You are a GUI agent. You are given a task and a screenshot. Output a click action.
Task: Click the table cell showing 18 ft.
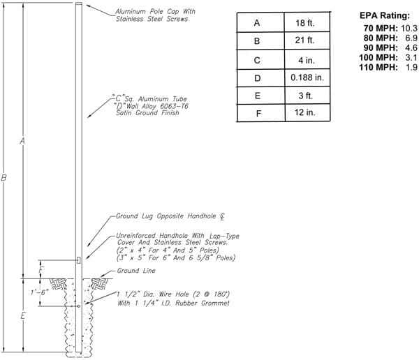click(x=304, y=23)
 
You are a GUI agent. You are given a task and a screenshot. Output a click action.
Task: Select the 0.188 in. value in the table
click(x=307, y=77)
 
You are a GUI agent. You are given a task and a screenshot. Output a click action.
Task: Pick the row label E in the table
click(x=258, y=96)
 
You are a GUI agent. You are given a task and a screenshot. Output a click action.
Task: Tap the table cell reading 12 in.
click(x=305, y=112)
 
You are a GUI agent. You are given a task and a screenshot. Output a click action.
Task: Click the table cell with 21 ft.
click(x=304, y=40)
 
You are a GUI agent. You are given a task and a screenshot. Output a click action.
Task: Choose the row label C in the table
click(x=257, y=61)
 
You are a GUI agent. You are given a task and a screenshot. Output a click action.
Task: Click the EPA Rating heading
click(x=384, y=15)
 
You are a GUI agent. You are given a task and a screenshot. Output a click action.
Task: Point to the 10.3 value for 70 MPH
click(x=409, y=28)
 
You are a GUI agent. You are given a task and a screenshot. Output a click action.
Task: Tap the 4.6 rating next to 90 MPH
click(x=411, y=47)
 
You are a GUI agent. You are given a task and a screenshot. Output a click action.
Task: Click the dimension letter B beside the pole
click(x=3, y=178)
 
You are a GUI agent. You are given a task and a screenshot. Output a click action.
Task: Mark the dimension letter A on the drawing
click(x=22, y=141)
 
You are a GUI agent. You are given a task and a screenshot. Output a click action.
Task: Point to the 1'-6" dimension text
click(x=40, y=292)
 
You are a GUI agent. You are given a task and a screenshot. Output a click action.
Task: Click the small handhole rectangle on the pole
click(x=78, y=260)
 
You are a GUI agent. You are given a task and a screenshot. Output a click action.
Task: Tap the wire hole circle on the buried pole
click(x=79, y=306)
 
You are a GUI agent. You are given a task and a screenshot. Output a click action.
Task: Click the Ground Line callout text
click(x=136, y=271)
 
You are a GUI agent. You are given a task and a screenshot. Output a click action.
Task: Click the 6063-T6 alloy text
click(x=174, y=106)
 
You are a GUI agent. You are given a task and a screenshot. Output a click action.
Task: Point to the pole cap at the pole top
click(x=79, y=4)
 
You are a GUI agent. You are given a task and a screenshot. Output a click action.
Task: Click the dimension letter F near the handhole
click(x=41, y=270)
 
